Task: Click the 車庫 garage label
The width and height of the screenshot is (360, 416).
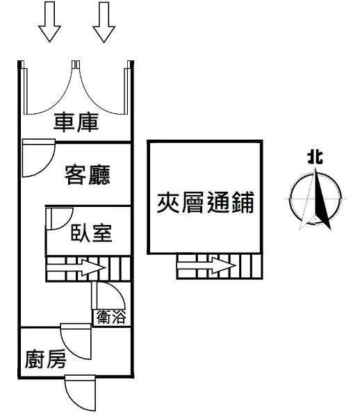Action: pyautogui.click(x=76, y=122)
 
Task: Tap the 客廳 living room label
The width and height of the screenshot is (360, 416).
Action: pyautogui.click(x=88, y=174)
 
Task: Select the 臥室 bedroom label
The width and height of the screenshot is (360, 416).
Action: pyautogui.click(x=91, y=233)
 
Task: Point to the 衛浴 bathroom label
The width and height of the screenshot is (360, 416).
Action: pyautogui.click(x=111, y=317)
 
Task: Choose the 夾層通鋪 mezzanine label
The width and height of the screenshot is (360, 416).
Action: pyautogui.click(x=206, y=202)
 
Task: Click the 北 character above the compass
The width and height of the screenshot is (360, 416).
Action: pyautogui.click(x=315, y=158)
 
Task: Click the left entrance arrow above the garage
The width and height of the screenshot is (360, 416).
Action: pyautogui.click(x=49, y=22)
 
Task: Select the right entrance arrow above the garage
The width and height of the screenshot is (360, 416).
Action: pyautogui.click(x=104, y=22)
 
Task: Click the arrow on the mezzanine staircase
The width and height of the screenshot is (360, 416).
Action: pyautogui.click(x=206, y=266)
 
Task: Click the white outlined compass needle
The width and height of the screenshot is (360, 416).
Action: pyautogui.click(x=307, y=201)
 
